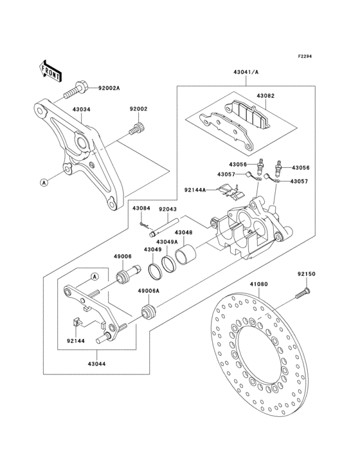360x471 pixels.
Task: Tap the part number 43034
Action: point(81,109)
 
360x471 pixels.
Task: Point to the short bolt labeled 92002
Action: point(136,129)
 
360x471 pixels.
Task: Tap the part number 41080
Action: point(258,282)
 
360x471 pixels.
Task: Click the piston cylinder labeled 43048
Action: point(186,253)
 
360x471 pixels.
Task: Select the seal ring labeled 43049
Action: point(156,271)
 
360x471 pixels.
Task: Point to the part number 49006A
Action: point(148,291)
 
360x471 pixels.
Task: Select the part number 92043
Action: point(168,209)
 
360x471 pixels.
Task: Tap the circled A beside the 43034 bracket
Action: point(44,182)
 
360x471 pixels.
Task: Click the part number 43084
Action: point(141,209)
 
